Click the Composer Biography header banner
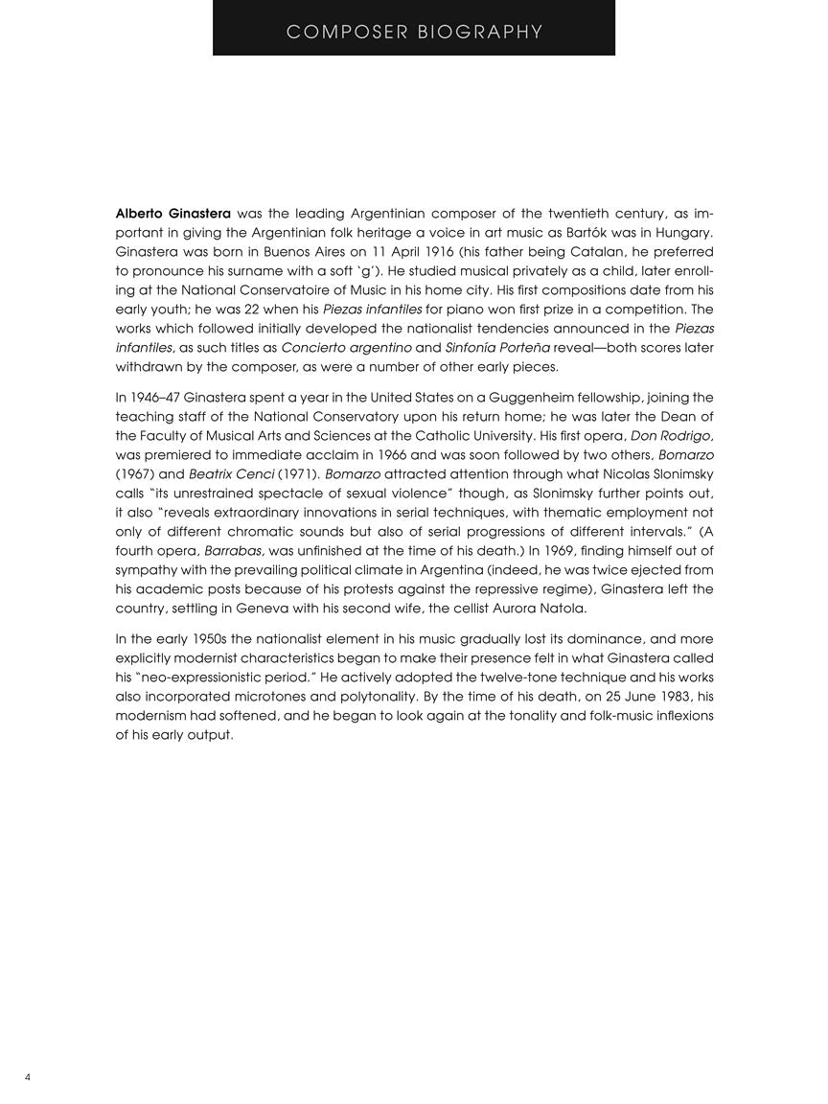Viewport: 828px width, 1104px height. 414,32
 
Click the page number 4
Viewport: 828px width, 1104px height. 28,1077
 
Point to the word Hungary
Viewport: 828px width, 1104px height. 678,232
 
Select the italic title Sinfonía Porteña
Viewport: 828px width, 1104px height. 464,347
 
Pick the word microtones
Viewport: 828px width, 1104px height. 279,697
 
